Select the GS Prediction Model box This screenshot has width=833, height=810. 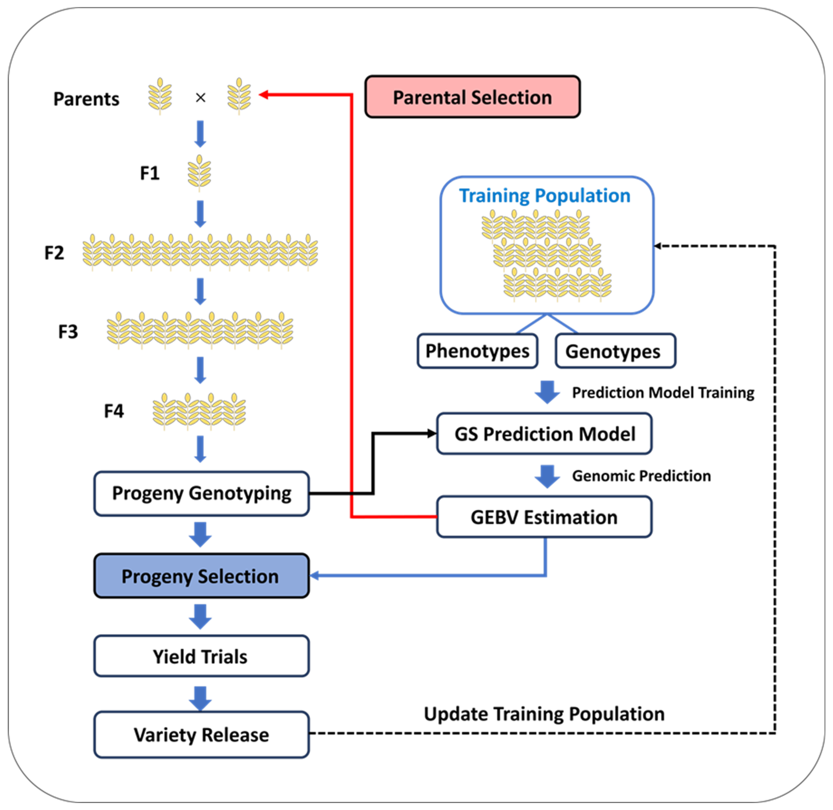pyautogui.click(x=544, y=433)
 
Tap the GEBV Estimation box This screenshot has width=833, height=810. pyautogui.click(x=544, y=517)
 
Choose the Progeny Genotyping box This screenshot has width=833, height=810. pyautogui.click(x=201, y=494)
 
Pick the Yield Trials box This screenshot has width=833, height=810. pyautogui.click(x=201, y=656)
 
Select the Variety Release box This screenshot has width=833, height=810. pyautogui.click(x=201, y=735)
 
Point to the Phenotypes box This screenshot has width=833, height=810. pyautogui.click(x=477, y=351)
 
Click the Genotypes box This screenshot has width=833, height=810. pyautogui.click(x=615, y=351)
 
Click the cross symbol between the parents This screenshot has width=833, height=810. pyautogui.click(x=201, y=98)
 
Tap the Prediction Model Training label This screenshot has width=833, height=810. pyautogui.click(x=663, y=393)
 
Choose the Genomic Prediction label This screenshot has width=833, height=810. pyautogui.click(x=641, y=476)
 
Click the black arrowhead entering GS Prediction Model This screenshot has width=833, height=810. pyautogui.click(x=432, y=433)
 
